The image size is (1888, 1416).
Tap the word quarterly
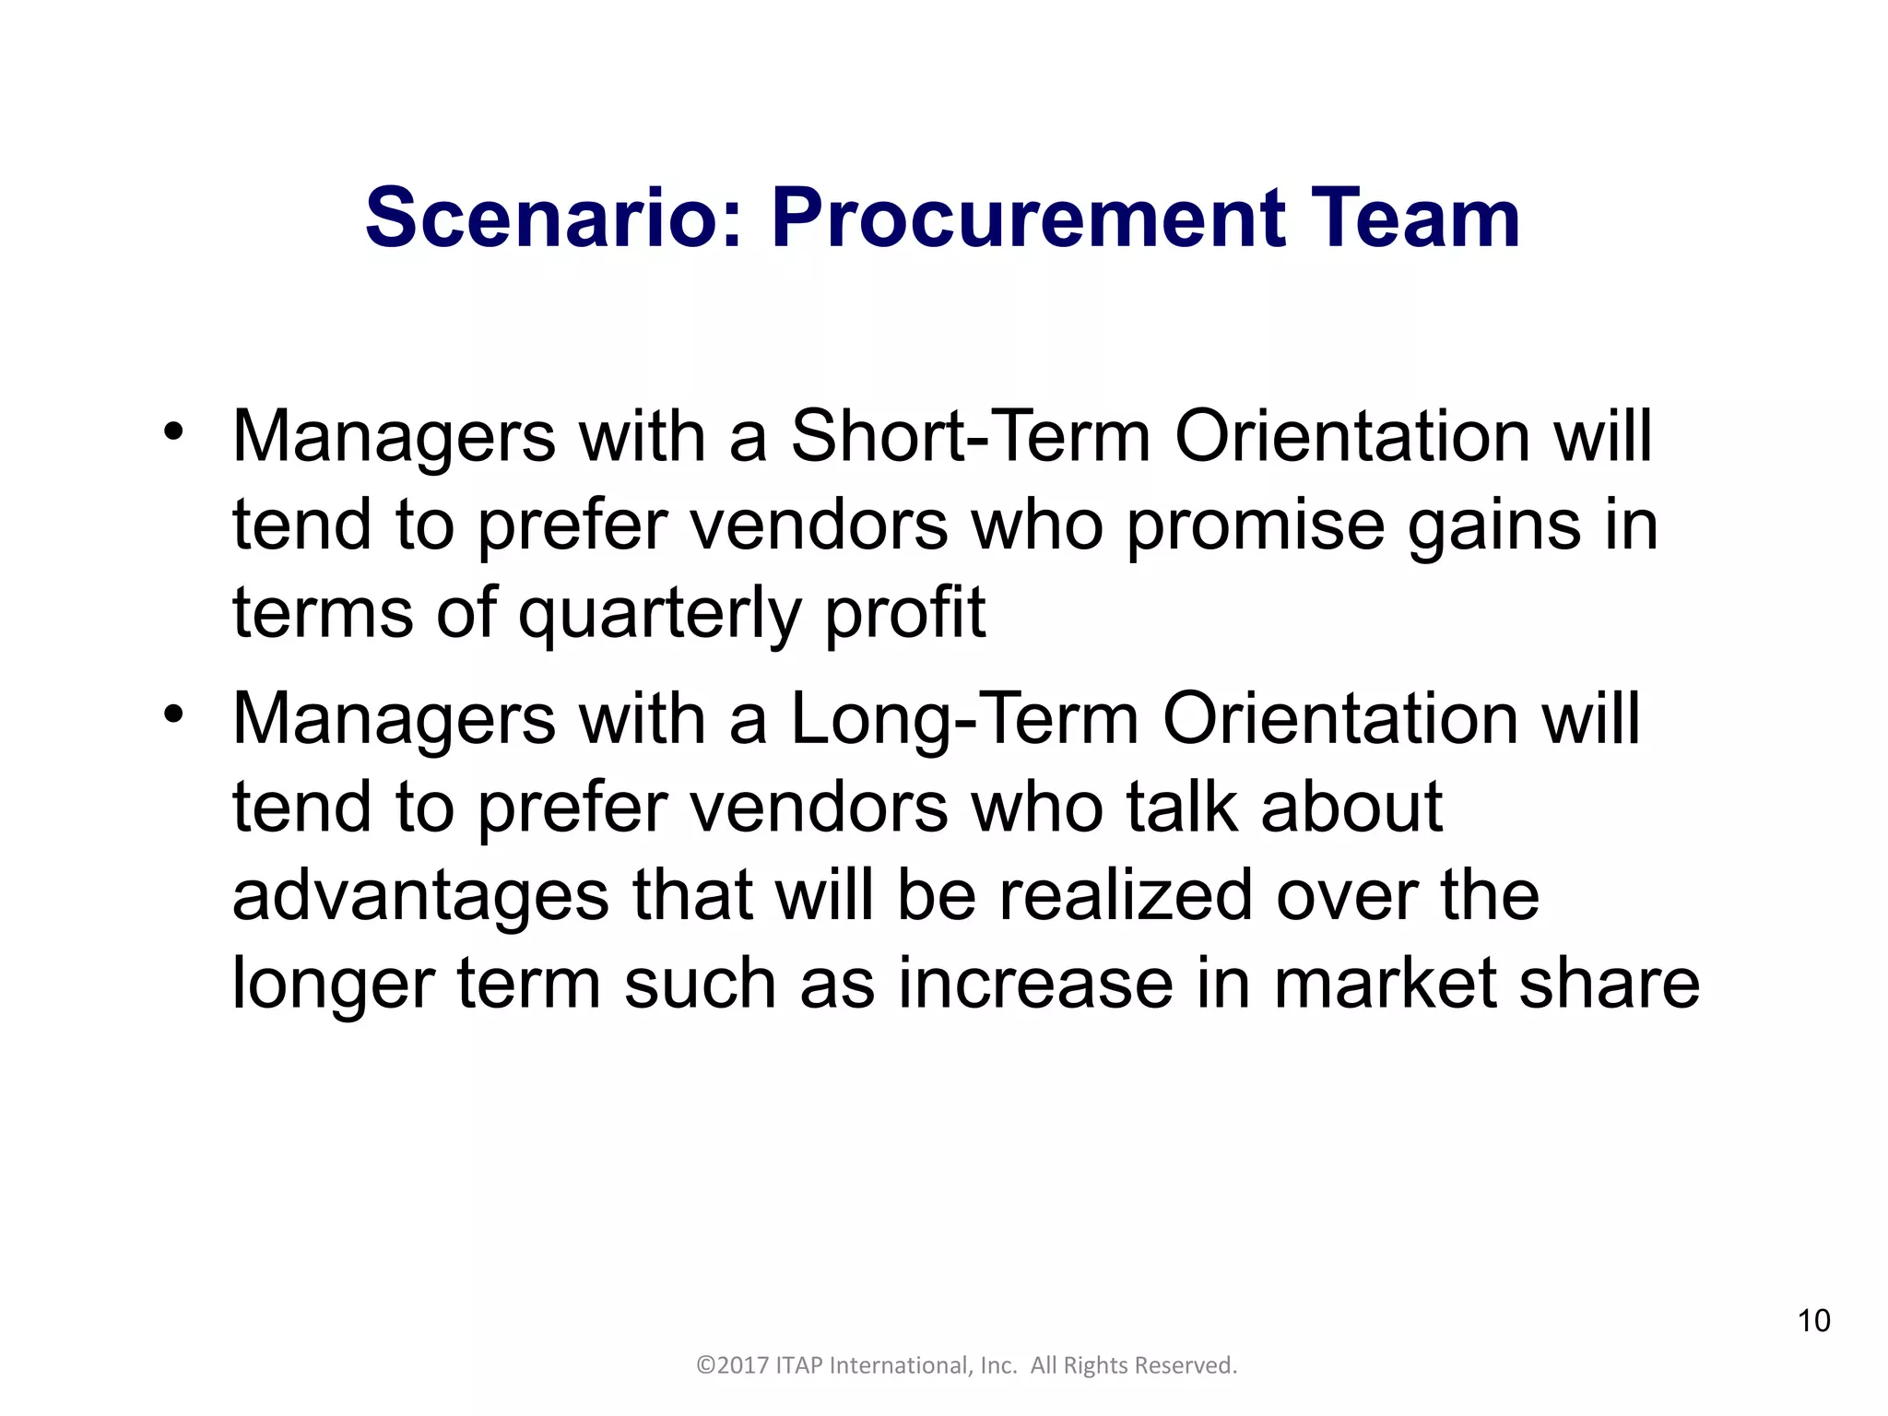pos(659,615)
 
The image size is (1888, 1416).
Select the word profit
pos(904,615)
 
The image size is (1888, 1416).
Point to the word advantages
pos(420,897)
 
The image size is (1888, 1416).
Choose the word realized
pos(1126,895)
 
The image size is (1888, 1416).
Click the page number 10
pos(1813,1321)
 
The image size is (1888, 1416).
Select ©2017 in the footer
pos(732,1365)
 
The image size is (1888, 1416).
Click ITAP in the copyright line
pos(798,1365)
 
